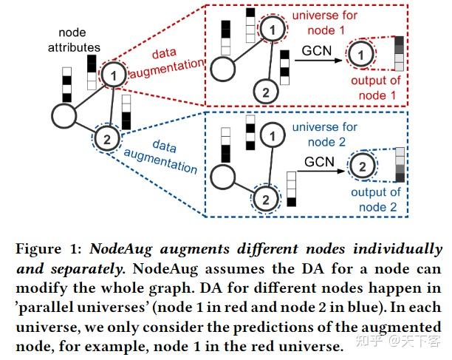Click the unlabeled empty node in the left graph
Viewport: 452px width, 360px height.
(x=65, y=116)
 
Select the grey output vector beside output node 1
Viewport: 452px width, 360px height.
(x=400, y=53)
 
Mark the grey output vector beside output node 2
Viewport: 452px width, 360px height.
(x=400, y=165)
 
